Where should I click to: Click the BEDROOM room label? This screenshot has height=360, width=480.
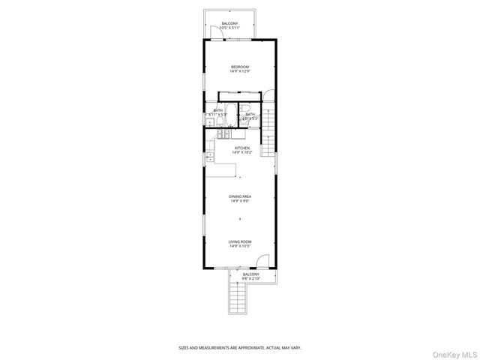pyautogui.click(x=240, y=67)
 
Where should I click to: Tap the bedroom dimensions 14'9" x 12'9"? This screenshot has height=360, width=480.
pyautogui.click(x=240, y=72)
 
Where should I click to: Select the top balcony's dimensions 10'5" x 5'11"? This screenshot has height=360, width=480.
pyautogui.click(x=230, y=28)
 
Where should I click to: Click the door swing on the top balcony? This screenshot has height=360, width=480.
pyautogui.click(x=211, y=30)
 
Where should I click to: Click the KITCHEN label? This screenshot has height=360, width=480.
pyautogui.click(x=241, y=148)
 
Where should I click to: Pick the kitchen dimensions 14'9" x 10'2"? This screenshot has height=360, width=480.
pyautogui.click(x=241, y=153)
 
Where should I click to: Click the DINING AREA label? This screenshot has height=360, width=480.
pyautogui.click(x=240, y=196)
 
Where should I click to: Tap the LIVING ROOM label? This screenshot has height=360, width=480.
pyautogui.click(x=240, y=241)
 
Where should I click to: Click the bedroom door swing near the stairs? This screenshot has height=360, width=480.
pyautogui.click(x=266, y=95)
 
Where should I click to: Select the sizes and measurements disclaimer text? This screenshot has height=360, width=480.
pyautogui.click(x=239, y=348)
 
